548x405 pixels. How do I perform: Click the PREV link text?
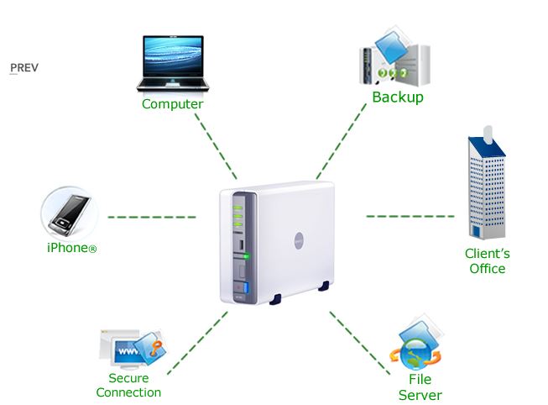pos(24,68)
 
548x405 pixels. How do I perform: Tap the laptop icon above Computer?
pos(172,63)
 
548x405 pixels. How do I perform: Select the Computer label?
pos(172,104)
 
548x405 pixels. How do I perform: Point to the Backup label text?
pos(398,97)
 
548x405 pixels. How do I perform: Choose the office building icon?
pos(488,185)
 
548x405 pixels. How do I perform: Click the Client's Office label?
pos(488,260)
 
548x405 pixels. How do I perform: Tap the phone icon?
pos(70,212)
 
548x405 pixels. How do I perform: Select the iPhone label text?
pos(71,248)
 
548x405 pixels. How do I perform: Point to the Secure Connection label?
pos(128,385)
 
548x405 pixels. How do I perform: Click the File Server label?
pos(420,387)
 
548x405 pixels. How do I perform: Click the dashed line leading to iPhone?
pos(151,217)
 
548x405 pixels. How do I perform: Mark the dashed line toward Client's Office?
pos(404,216)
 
